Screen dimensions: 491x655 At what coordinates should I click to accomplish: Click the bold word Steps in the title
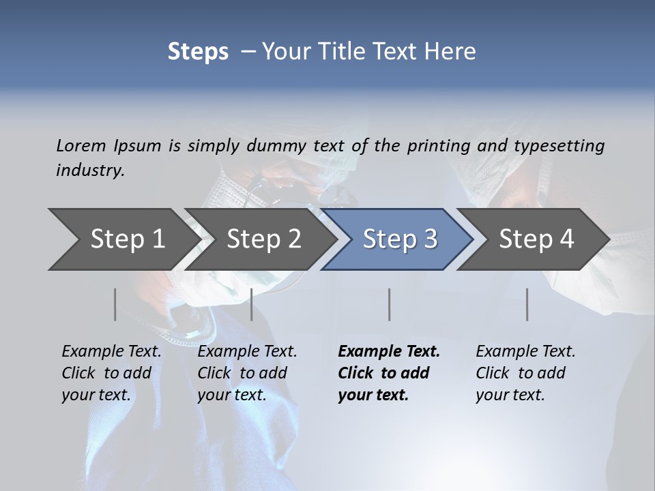[198, 52]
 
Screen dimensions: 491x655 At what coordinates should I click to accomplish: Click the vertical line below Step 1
[115, 304]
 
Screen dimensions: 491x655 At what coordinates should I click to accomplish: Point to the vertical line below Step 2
[252, 304]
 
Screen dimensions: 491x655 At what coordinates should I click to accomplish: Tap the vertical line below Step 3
[390, 304]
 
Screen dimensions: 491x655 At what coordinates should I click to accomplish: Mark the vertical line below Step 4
[527, 304]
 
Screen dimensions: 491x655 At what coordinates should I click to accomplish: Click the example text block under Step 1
[111, 373]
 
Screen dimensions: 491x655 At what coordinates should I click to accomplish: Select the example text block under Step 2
[247, 373]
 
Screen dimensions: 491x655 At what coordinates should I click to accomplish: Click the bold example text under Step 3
[388, 373]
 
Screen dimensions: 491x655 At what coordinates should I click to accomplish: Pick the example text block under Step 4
[525, 373]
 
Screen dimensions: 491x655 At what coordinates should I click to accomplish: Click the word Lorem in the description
[81, 145]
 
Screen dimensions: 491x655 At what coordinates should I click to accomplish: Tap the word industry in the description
[90, 170]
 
